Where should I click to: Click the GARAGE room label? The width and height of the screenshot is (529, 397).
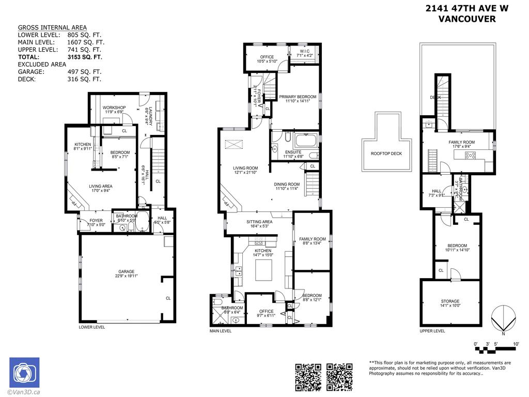[x=126, y=271]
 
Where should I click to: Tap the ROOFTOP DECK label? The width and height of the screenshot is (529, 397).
[x=386, y=154]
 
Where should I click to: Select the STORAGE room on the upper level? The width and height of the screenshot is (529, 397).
[x=450, y=301]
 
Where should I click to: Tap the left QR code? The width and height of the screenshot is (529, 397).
[x=308, y=377]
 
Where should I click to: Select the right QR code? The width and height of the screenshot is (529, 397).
[x=339, y=377]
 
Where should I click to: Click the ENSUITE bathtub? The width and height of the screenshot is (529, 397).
[x=307, y=141]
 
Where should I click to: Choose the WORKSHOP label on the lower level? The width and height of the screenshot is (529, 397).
[x=114, y=108]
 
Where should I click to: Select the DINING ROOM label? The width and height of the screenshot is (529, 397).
[x=287, y=184]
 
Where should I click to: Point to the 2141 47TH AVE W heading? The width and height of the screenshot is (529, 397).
[x=460, y=8]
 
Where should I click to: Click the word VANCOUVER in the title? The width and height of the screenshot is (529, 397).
[x=466, y=19]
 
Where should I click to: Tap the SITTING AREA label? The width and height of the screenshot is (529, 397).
[x=259, y=222]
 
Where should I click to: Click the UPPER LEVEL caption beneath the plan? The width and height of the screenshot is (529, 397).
[x=432, y=331]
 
